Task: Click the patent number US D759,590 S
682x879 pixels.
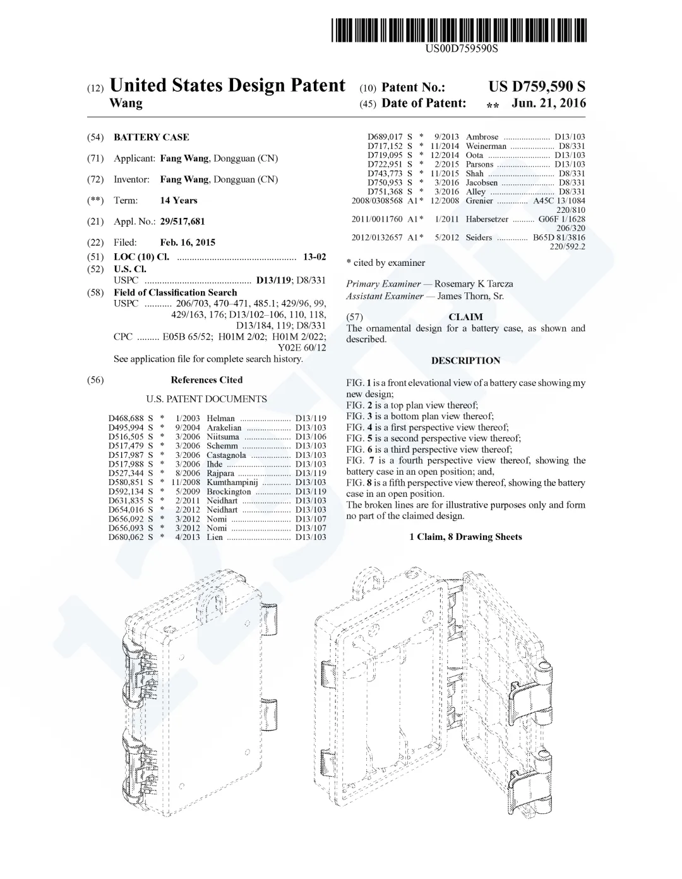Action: pyautogui.click(x=537, y=87)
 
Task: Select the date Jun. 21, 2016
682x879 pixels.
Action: pyautogui.click(x=549, y=103)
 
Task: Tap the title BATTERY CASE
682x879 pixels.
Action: pyautogui.click(x=151, y=137)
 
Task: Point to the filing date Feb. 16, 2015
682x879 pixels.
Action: pyautogui.click(x=188, y=242)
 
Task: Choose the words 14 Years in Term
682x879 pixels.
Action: pyautogui.click(x=179, y=200)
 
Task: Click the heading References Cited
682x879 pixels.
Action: pyautogui.click(x=206, y=380)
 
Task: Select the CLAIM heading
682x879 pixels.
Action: pyautogui.click(x=465, y=316)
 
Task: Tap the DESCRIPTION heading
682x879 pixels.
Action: pyautogui.click(x=465, y=361)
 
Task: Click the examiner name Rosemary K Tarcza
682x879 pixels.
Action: pyautogui.click(x=474, y=284)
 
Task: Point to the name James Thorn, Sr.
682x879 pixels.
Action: pyautogui.click(x=470, y=296)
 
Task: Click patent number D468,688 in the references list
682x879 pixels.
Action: pyautogui.click(x=126, y=418)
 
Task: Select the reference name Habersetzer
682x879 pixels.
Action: pyautogui.click(x=487, y=219)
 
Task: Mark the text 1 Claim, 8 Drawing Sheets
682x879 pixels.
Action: pyautogui.click(x=465, y=537)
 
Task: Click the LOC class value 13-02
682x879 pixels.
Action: pyautogui.click(x=314, y=256)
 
